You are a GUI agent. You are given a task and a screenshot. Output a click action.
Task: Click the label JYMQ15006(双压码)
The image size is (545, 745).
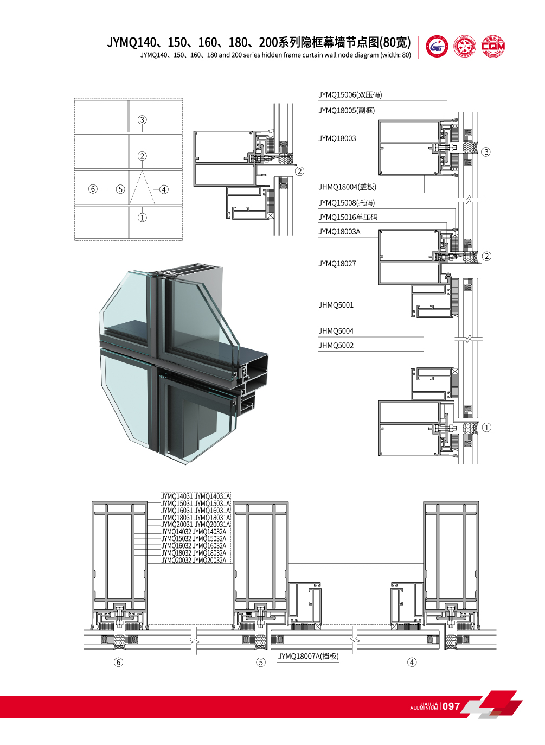(x=350, y=95)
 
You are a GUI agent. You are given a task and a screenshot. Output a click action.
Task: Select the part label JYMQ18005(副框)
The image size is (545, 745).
(x=347, y=111)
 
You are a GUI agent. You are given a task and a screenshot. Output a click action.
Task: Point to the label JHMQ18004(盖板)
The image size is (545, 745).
(x=347, y=187)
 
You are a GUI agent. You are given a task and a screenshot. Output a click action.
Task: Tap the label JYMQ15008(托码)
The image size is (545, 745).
(x=347, y=203)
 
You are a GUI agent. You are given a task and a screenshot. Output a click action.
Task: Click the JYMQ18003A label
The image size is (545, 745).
(x=339, y=232)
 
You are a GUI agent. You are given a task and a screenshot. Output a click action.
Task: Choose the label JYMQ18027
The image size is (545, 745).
(x=337, y=264)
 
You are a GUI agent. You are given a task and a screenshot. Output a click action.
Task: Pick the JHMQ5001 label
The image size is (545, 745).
(x=336, y=305)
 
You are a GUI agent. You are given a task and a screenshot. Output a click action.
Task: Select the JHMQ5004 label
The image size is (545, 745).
(x=336, y=331)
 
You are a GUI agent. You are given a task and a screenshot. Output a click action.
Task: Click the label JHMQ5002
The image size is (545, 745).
(x=336, y=346)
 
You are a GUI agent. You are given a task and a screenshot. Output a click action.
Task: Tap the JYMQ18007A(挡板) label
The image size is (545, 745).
(x=308, y=657)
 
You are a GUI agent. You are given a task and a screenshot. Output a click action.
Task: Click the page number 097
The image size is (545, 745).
(x=451, y=706)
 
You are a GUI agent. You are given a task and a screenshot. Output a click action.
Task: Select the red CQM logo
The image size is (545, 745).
(x=493, y=47)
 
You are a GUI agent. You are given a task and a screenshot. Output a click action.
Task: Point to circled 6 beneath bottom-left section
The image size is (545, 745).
(x=118, y=662)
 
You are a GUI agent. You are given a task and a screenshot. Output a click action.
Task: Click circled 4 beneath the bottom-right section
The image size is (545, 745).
(x=412, y=662)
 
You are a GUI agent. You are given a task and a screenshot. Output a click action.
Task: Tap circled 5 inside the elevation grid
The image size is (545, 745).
(x=120, y=189)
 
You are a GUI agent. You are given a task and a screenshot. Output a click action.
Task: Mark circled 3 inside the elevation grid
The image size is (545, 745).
(x=142, y=120)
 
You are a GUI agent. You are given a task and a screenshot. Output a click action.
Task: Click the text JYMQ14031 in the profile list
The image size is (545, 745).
(x=177, y=496)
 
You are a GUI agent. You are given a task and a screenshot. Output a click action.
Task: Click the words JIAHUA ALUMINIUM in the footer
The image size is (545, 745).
(x=424, y=706)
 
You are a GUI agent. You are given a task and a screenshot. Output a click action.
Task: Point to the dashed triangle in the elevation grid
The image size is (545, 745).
(x=142, y=189)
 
